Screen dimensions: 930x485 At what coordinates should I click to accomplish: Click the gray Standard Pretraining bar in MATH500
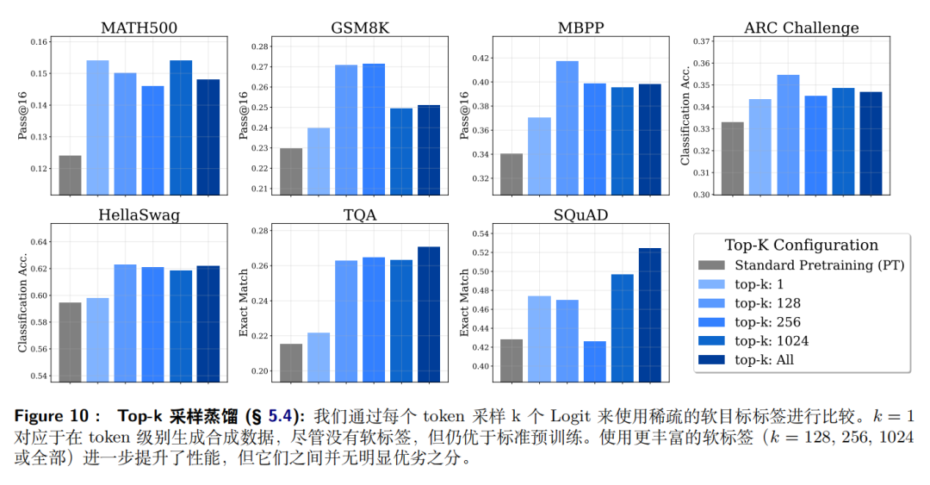[x=70, y=175]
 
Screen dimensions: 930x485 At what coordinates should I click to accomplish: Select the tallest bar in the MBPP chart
[x=567, y=127]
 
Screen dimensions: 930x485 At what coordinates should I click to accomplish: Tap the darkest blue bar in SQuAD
[x=649, y=315]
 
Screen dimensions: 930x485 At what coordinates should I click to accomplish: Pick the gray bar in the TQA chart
[x=291, y=363]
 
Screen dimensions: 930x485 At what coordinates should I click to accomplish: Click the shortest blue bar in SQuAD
[x=594, y=362]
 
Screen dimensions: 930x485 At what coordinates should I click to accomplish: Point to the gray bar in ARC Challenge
[x=732, y=159]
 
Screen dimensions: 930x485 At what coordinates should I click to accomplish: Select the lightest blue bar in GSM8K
[x=319, y=161]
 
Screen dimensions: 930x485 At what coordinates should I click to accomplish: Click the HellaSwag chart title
[x=139, y=215]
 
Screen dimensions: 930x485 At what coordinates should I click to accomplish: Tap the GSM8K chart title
[x=360, y=28]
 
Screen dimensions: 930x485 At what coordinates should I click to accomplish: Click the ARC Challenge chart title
[x=802, y=28]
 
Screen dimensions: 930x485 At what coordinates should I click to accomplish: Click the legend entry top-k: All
[x=746, y=360]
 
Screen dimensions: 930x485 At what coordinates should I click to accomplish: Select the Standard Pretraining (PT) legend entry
[x=802, y=265]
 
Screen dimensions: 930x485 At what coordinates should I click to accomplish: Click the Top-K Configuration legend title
[x=802, y=246]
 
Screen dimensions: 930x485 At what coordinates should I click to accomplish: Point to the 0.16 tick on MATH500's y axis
[x=39, y=41]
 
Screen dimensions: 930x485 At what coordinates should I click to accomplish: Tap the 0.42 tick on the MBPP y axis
[x=481, y=59]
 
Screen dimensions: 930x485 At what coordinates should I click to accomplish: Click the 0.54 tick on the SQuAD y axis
[x=481, y=233]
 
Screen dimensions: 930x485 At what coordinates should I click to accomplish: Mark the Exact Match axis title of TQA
[x=243, y=302]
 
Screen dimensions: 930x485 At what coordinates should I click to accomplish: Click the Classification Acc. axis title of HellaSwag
[x=22, y=302]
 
